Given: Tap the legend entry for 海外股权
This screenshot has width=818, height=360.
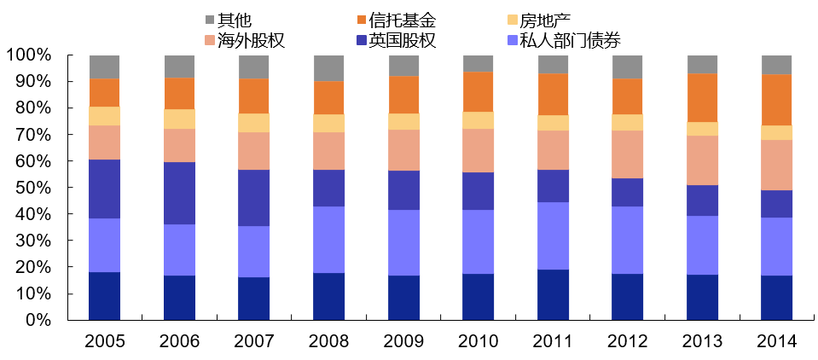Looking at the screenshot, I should coord(250,40).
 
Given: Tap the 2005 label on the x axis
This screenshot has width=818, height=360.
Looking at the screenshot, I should coord(105,341).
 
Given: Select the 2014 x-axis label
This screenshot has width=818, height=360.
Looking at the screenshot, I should coord(776,341).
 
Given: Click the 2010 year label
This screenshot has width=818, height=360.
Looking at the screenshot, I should coord(478,341).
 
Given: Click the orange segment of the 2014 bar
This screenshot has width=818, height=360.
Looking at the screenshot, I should coord(776,100).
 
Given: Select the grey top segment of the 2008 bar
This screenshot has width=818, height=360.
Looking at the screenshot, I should coord(328,68).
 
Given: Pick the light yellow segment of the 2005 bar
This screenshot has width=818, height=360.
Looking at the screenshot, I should coord(105,116).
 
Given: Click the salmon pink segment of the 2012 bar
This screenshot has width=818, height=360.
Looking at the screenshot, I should coord(627,154).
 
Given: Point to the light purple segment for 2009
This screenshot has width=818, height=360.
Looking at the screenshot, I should coord(403,242).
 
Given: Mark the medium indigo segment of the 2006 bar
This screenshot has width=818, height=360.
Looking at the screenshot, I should coord(179,194).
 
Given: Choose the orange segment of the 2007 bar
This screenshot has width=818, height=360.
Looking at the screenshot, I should coord(254,96).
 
